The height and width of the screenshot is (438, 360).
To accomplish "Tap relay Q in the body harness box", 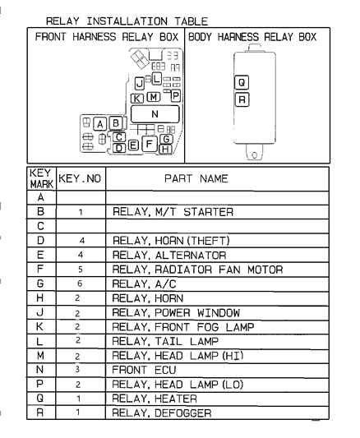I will point(241,83).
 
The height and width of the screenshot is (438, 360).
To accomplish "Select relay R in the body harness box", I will point(241,99).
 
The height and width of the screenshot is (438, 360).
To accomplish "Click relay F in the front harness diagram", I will point(149,145).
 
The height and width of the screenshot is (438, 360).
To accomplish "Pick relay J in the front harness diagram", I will point(140,83).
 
